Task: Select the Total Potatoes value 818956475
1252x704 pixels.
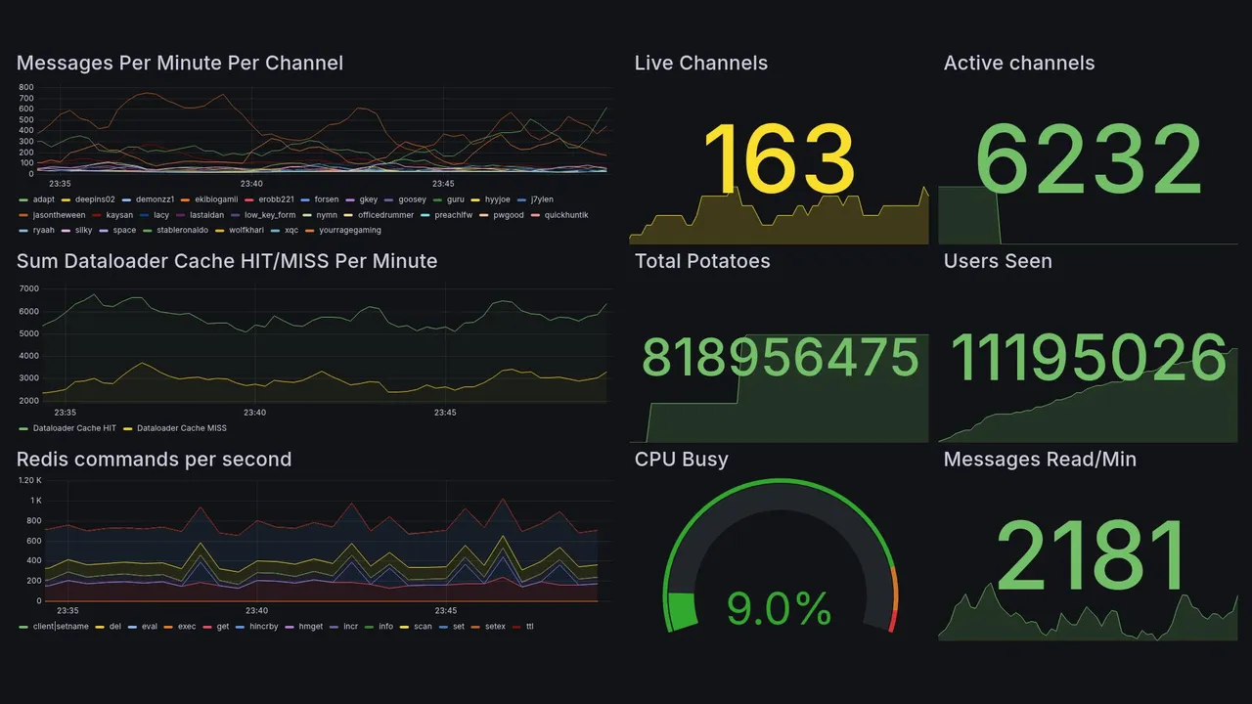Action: coord(780,359)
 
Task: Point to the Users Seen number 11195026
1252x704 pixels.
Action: coord(1088,359)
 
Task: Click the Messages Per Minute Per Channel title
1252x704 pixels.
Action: coord(180,64)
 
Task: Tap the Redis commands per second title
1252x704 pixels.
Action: coord(155,460)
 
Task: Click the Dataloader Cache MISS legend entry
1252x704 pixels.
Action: coord(181,428)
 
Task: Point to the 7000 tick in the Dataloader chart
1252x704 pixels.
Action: coord(28,289)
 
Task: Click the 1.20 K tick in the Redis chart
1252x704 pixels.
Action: coord(29,480)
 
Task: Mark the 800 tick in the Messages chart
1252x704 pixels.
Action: coord(26,87)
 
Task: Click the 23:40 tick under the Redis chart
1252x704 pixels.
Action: coord(255,611)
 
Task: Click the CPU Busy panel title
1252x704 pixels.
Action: coord(681,460)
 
